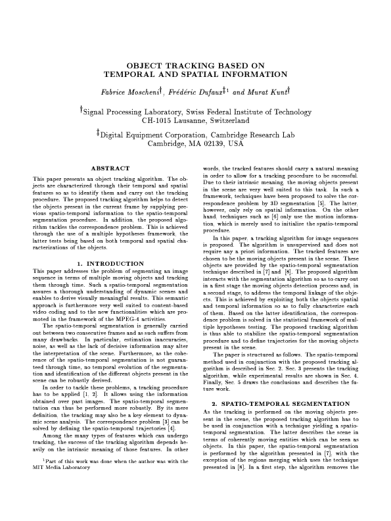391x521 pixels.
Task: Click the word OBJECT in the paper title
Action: coord(143,66)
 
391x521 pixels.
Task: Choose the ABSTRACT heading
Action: coord(108,170)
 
